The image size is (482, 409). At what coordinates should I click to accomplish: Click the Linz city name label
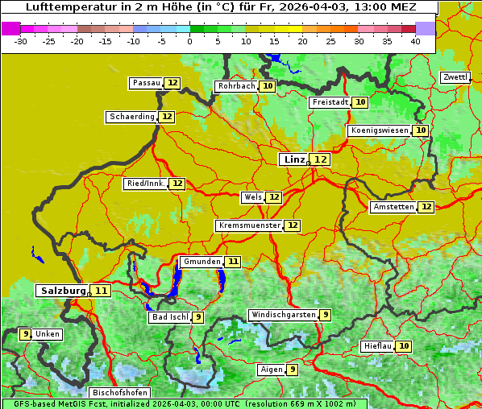click(294, 159)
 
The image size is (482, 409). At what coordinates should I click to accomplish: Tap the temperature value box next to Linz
click(321, 159)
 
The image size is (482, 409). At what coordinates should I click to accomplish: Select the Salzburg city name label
click(62, 291)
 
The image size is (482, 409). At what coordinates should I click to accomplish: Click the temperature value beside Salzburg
click(101, 291)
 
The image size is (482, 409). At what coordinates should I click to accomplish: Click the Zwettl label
click(455, 77)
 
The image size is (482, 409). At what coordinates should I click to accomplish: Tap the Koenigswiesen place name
click(379, 130)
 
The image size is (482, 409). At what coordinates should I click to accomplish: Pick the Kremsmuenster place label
click(249, 225)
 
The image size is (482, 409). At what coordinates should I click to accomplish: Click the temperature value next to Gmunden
click(233, 262)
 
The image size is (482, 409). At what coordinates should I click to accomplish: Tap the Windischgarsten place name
click(283, 315)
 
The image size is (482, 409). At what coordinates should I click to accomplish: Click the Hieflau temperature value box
click(404, 346)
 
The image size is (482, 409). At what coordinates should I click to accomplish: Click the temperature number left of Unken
click(25, 334)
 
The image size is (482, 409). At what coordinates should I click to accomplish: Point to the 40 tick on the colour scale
click(415, 41)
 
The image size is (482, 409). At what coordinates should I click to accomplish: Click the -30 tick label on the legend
click(21, 41)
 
